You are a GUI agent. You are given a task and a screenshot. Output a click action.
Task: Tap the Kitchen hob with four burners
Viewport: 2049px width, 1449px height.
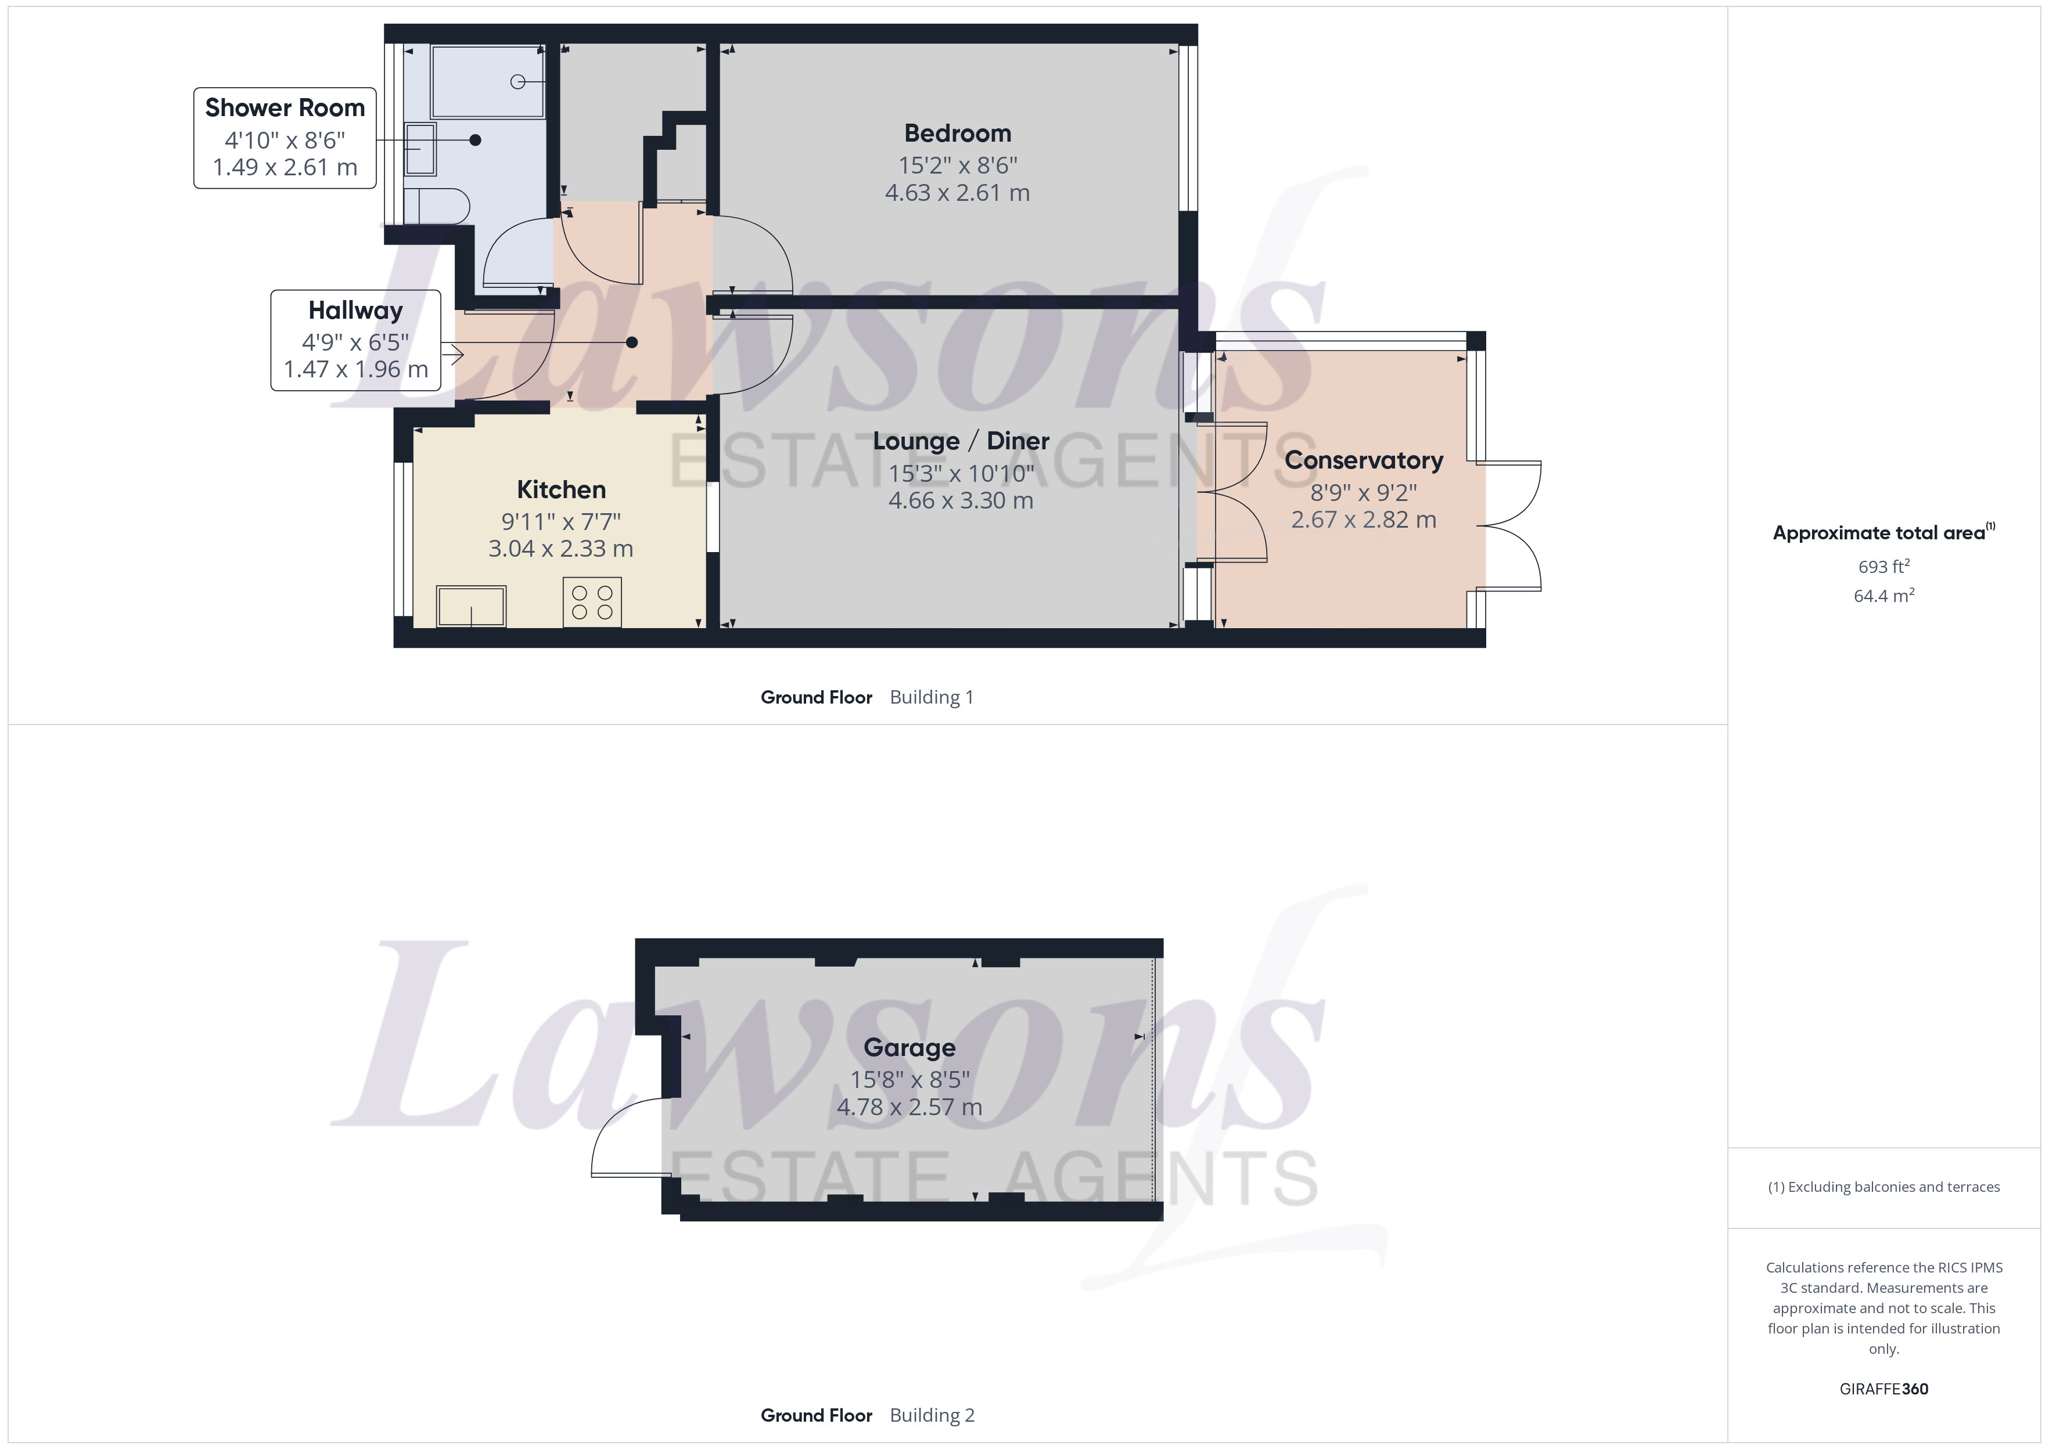tap(592, 602)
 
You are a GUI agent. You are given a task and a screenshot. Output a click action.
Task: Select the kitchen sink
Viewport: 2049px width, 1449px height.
tap(471, 607)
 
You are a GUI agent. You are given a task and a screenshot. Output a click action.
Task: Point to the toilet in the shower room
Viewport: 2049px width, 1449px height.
tap(437, 206)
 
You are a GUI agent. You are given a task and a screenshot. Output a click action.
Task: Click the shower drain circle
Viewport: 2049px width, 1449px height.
tap(517, 82)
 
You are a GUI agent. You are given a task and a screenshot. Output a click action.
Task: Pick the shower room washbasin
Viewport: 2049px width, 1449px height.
tap(420, 149)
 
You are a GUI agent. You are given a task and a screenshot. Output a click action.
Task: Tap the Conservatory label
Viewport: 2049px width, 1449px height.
tap(1363, 460)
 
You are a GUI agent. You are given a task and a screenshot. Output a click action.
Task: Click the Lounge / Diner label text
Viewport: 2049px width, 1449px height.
tap(960, 441)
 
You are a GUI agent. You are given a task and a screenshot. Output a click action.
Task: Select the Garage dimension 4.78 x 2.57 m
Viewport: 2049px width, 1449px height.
tap(910, 1107)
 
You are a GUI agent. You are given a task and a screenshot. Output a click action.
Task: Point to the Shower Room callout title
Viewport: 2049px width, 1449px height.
tap(285, 108)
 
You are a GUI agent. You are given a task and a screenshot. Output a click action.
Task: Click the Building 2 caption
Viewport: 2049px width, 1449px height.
tap(932, 1415)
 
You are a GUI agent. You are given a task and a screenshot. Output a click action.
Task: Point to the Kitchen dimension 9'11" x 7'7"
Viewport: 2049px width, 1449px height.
tap(560, 521)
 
